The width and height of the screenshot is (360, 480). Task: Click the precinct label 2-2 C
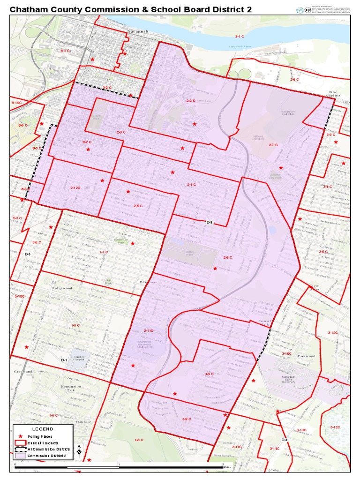(190, 101)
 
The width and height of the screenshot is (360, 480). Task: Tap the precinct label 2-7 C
(274, 145)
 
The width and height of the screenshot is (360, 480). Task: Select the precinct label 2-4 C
(191, 185)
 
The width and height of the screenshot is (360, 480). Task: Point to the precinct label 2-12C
(75, 188)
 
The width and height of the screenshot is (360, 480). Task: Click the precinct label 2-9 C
(228, 257)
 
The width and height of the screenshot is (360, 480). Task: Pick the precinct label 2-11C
(149, 331)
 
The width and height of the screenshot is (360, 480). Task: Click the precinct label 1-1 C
(104, 252)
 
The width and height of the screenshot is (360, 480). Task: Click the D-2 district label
(210, 222)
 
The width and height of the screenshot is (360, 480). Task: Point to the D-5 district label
(27, 254)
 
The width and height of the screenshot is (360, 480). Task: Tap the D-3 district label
(284, 440)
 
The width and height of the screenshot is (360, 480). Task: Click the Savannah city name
(137, 31)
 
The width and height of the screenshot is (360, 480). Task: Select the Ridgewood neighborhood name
(62, 288)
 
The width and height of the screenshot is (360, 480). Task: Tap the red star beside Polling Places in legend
(20, 436)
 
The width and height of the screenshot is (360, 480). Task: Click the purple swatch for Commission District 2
(20, 455)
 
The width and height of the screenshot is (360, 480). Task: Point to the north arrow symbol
(79, 451)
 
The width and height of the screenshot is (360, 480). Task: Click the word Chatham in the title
(29, 9)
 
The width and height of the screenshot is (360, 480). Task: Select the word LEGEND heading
(43, 429)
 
